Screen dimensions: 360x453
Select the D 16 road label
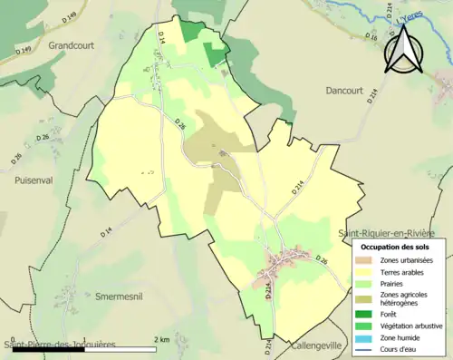click(372, 37)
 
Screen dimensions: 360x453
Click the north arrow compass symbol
click(405, 49)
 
